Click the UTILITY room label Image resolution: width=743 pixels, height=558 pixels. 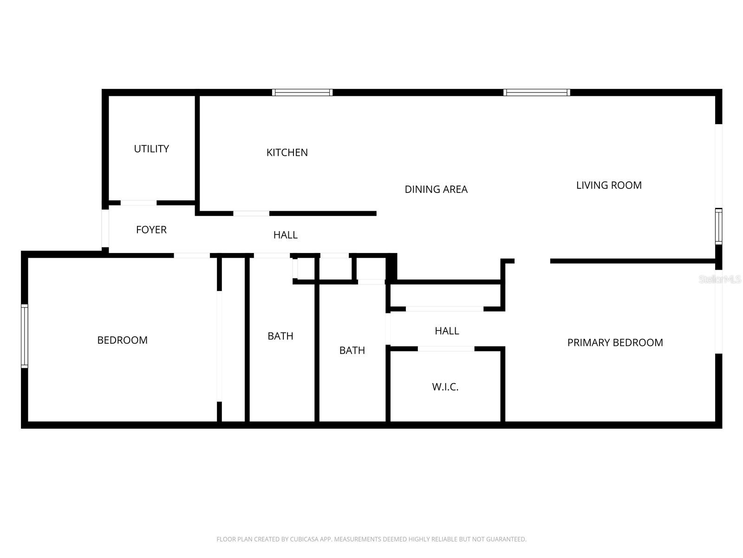coord(151,149)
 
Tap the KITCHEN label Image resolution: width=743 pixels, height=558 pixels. coord(287,153)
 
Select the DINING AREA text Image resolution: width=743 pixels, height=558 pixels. coord(436,189)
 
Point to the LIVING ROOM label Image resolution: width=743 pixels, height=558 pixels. coord(609,185)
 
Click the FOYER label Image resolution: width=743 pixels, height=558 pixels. coord(151,230)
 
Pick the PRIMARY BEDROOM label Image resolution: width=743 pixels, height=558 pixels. coord(615,343)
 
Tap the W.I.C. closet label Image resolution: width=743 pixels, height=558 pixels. coord(445,387)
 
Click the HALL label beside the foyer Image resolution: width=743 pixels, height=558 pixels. coord(285,235)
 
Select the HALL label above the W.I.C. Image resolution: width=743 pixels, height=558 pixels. coord(447,331)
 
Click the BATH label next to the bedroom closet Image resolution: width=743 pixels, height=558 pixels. coord(280,336)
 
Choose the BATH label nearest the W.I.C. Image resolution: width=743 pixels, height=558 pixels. coord(352,351)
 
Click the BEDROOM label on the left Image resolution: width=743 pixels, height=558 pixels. coord(122,340)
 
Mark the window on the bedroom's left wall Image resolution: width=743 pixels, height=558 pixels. coord(25,336)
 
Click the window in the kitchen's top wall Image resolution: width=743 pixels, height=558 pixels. coord(302,93)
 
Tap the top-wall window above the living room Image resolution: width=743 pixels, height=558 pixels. coord(537,93)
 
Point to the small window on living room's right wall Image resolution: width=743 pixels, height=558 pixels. coord(718,226)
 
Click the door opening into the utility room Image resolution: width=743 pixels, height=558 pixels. coord(138,203)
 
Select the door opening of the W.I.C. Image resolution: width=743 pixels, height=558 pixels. coord(446,349)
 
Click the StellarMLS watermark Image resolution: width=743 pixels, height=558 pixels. coord(720,279)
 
